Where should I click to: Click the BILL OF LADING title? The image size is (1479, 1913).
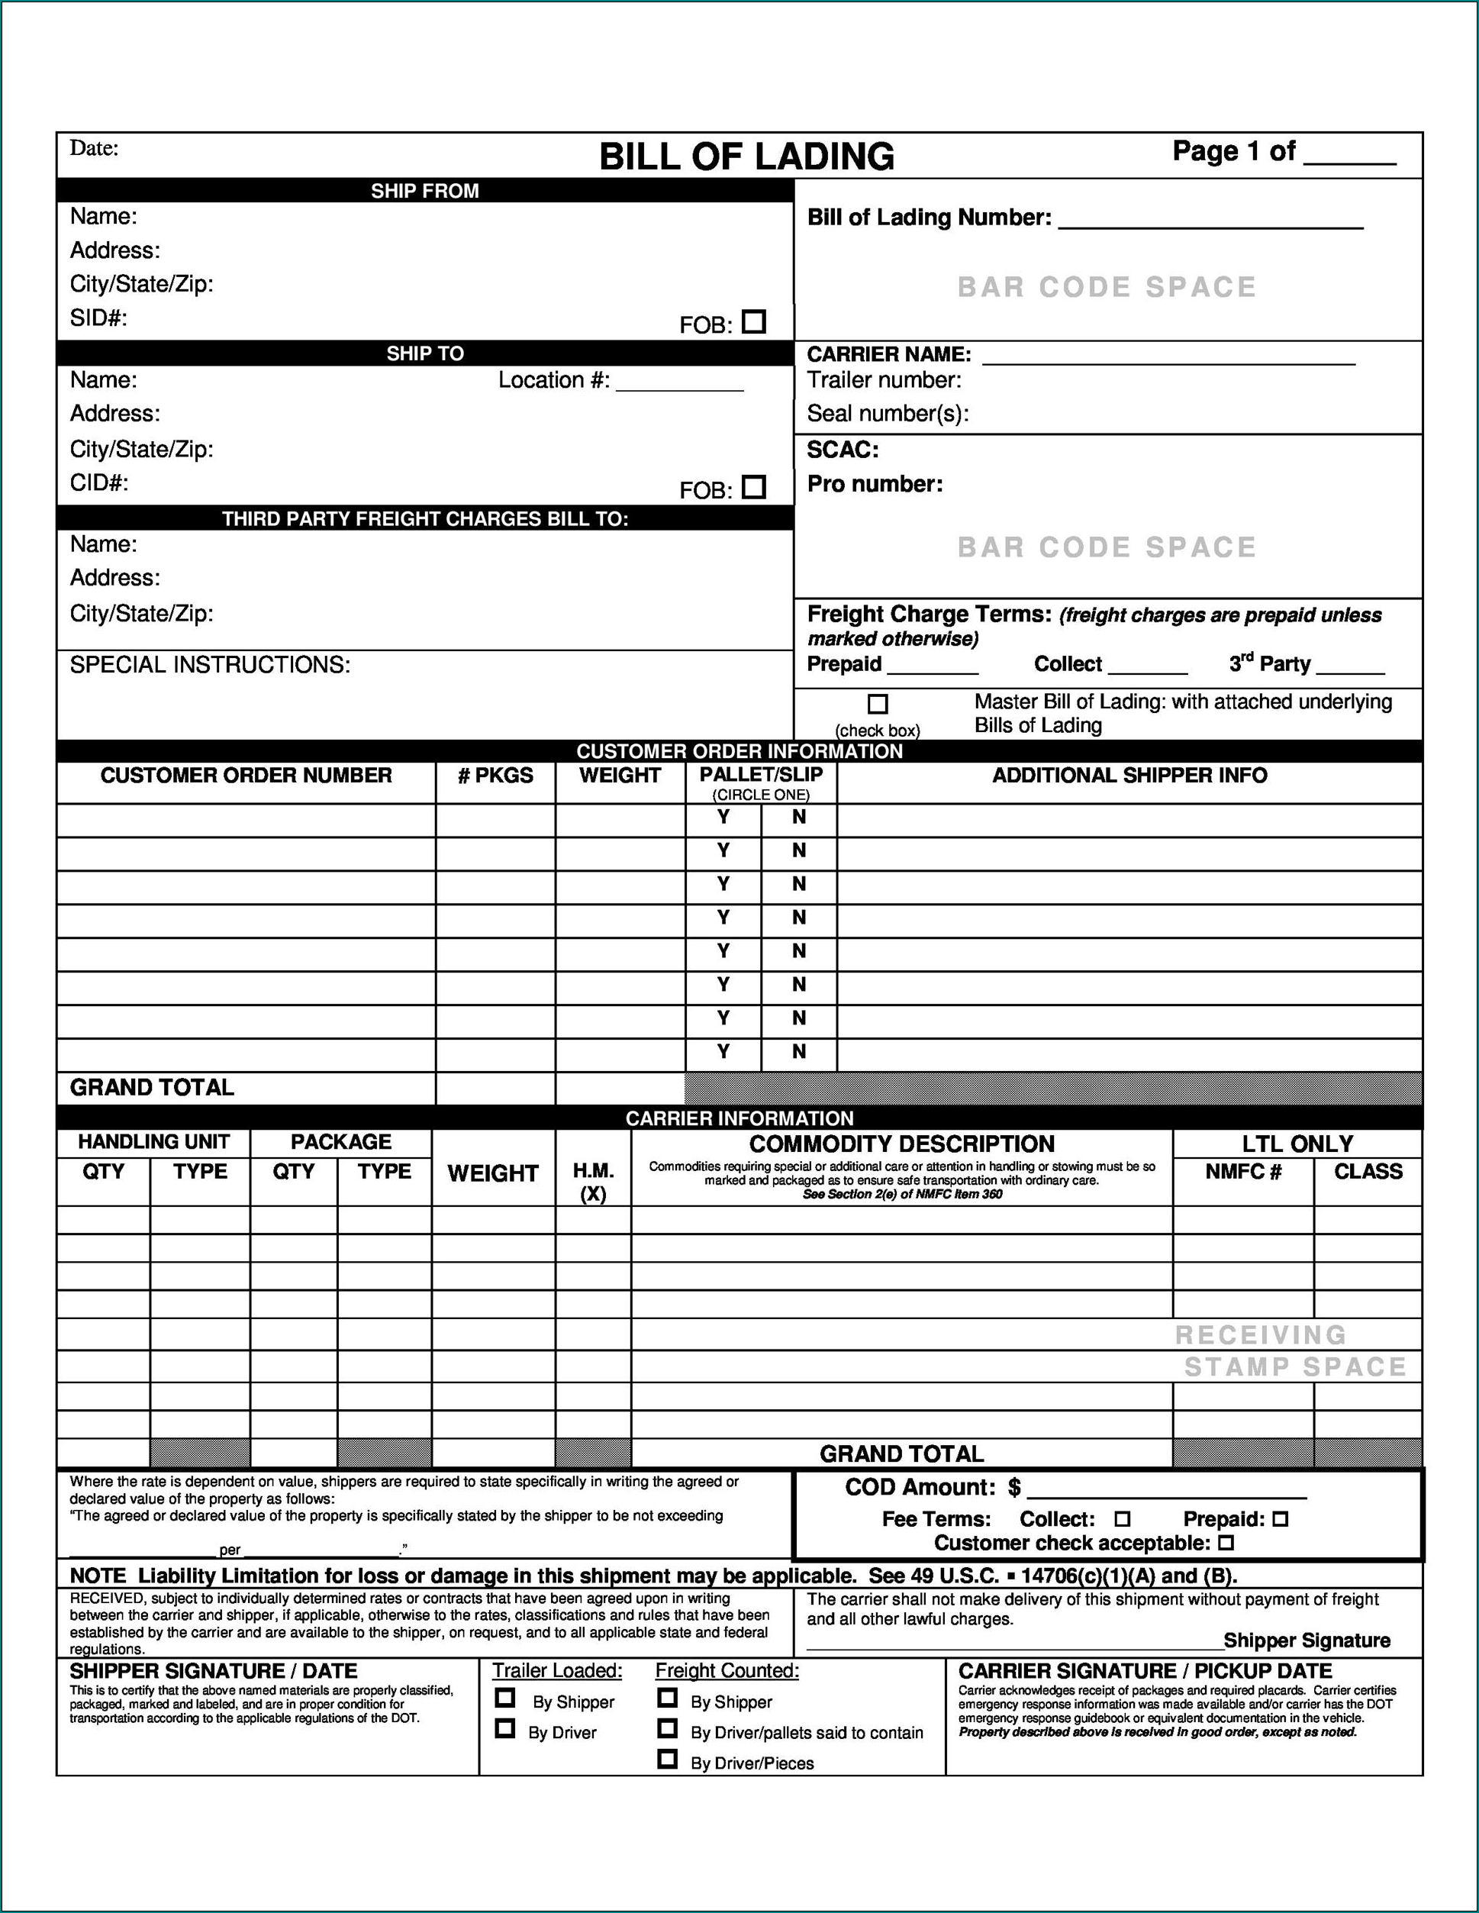tap(746, 156)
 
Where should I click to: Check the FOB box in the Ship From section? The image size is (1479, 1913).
tap(753, 322)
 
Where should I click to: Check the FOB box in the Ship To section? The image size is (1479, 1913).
tap(753, 487)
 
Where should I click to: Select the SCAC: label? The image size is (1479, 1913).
tap(843, 450)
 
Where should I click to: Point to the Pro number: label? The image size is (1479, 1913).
tap(875, 485)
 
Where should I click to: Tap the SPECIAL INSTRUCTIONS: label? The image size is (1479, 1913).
tap(210, 666)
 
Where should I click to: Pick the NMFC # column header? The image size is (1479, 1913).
tap(1242, 1172)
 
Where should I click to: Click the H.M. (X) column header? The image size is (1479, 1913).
tap(593, 1182)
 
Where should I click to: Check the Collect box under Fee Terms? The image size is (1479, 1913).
tap(1123, 1519)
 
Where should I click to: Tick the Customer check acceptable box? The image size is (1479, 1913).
tap(1226, 1543)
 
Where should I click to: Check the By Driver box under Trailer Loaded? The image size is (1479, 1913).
tap(504, 1728)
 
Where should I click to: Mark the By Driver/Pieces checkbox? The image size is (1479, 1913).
tap(667, 1759)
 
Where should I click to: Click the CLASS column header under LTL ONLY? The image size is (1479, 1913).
tap(1368, 1172)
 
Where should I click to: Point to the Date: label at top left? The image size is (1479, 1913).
tap(94, 148)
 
